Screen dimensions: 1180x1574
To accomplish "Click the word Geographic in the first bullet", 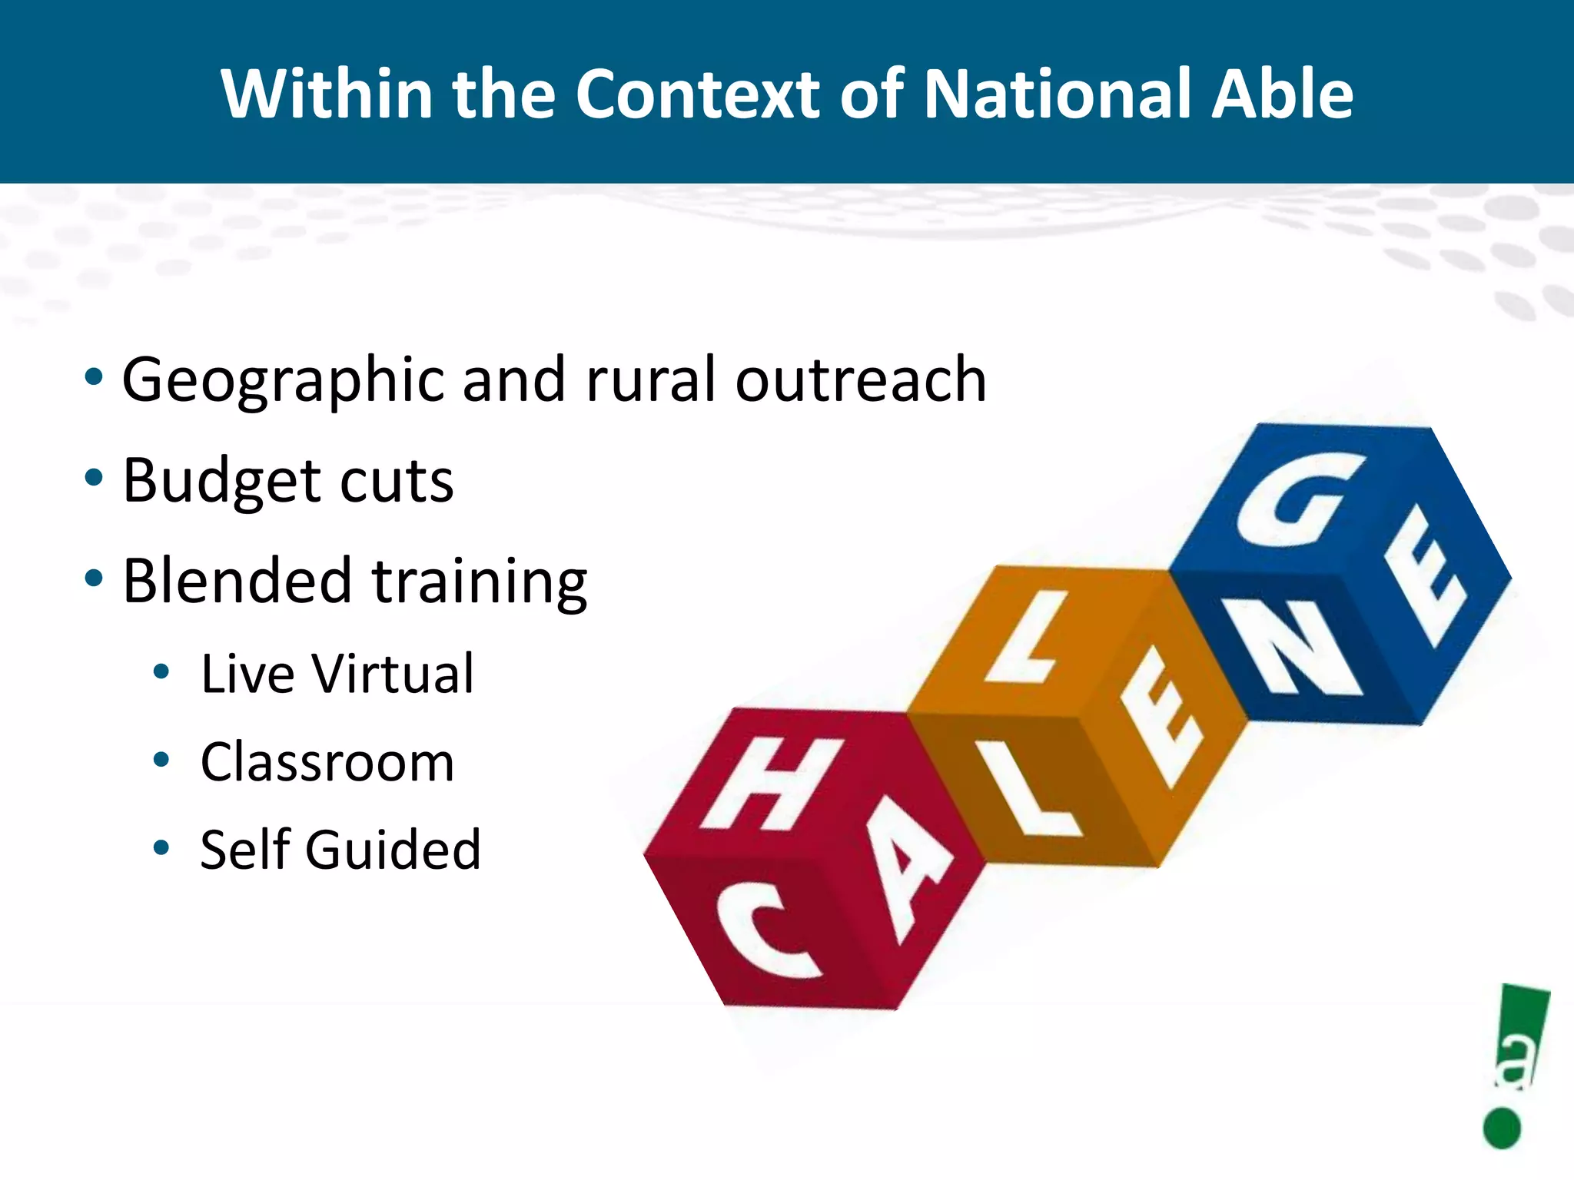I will coord(284,380).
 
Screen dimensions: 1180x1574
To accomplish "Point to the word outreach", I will coord(861,380).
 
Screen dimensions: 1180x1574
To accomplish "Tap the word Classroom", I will coord(327,762).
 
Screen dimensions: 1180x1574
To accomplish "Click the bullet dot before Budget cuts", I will coord(94,478).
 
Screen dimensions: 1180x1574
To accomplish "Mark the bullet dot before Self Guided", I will coord(161,848).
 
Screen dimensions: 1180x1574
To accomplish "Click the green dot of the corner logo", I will coord(1502,1128).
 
